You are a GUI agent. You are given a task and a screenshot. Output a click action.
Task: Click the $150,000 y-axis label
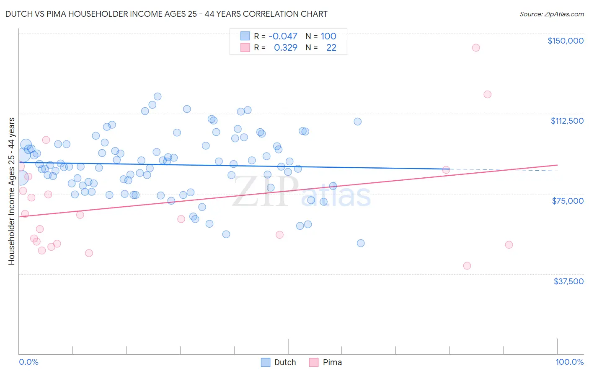(565, 41)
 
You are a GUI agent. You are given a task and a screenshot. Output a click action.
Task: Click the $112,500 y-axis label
(567, 121)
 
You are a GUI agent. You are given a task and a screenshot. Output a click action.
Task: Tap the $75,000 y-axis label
(568, 201)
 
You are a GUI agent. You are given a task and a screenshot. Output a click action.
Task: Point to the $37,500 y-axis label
(568, 281)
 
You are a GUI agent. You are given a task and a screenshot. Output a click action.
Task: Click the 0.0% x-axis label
(28, 362)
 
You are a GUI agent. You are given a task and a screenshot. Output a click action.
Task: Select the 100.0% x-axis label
(569, 362)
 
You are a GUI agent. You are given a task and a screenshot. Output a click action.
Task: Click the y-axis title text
(11, 191)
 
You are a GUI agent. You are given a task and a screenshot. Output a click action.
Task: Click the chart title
(166, 14)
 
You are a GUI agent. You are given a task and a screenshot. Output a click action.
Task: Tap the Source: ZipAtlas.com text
(551, 14)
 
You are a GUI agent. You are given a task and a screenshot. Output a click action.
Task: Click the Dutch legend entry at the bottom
(279, 362)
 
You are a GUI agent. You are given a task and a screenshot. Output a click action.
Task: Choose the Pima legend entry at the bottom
(325, 362)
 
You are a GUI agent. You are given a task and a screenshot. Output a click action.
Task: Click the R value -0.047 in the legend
(283, 36)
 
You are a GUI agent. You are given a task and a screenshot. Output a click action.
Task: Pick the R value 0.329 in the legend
(285, 47)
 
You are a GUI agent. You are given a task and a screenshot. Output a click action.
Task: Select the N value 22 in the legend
(331, 47)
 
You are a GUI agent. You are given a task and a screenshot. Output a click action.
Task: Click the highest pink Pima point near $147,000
(475, 47)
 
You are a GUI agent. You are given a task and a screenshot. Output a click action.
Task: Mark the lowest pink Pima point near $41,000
(467, 265)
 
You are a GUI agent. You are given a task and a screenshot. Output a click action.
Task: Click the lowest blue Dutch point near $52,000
(360, 243)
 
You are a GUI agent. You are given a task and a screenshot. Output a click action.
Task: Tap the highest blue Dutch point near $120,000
(158, 96)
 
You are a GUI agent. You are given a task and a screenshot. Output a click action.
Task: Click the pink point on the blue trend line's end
(446, 169)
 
